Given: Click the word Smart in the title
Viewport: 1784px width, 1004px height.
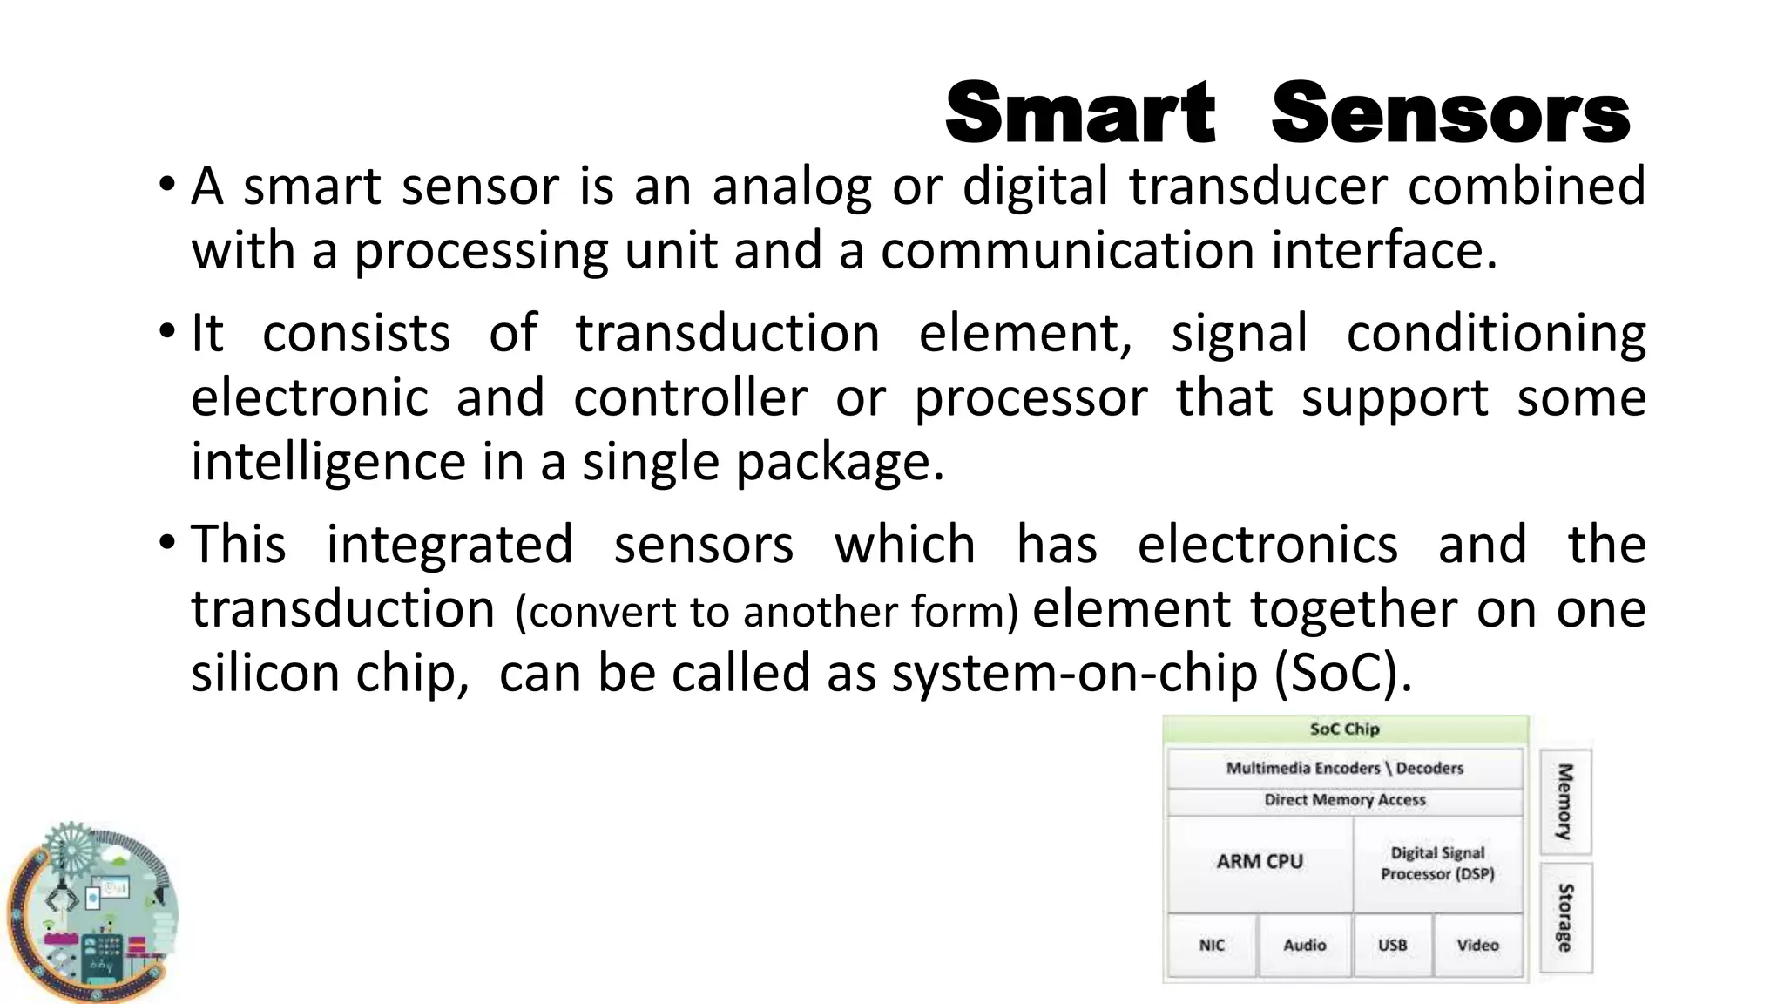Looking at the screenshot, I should [1079, 113].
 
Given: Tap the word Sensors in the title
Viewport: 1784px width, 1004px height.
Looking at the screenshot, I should [1450, 113].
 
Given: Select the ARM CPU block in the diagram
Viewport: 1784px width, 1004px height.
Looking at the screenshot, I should [1260, 862].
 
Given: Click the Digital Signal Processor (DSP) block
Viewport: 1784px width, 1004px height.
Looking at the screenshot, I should [1437, 864].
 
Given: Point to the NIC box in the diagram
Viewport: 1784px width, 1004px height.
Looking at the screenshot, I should [1212, 946].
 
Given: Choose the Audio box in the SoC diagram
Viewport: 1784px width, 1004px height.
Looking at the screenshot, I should [1305, 946].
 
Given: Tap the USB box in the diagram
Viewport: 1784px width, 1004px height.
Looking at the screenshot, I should [1392, 946].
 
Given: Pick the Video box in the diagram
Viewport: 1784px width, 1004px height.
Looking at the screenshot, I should [1478, 946].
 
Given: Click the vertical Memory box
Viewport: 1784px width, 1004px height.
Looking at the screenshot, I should [1565, 802].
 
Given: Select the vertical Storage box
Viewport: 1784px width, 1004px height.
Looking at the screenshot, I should [1565, 918].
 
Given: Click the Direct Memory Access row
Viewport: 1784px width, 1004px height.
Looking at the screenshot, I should [1345, 800].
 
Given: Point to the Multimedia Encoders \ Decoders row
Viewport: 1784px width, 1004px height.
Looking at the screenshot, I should [1345, 768].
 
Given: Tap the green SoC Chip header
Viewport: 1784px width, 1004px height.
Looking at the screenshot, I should [1345, 729].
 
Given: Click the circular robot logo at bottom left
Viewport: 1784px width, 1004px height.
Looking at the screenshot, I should [92, 912].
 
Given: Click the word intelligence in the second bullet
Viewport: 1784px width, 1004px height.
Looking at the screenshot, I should [328, 462].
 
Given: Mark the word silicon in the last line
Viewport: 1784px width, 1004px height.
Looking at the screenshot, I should [260, 674].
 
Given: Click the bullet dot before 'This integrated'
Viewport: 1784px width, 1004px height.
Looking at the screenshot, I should [166, 544].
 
